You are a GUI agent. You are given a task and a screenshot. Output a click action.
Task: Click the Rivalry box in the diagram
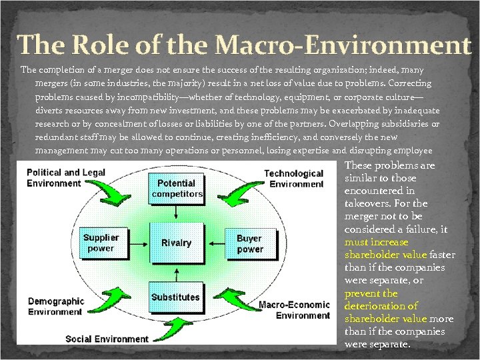point(176,243)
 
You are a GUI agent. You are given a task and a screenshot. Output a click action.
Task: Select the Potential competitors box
point(176,189)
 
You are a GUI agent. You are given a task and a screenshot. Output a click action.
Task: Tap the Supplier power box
point(101,243)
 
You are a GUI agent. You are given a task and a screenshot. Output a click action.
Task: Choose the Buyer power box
point(250,243)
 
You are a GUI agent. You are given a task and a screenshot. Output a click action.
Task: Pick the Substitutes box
point(175,297)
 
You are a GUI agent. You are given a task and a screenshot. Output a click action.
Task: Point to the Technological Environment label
point(293,178)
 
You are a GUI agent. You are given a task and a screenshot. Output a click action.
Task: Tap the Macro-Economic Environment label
point(293,310)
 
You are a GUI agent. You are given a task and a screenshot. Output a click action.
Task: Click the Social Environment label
point(107,339)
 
